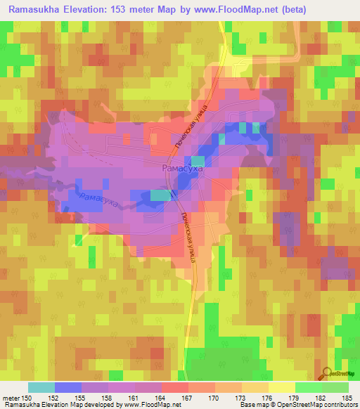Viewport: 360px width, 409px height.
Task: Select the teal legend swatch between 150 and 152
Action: (x=41, y=387)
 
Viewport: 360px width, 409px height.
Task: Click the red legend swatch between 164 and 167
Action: (x=175, y=387)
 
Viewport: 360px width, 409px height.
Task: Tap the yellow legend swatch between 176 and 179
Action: (x=282, y=387)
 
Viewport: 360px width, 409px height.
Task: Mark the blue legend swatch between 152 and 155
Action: (x=68, y=387)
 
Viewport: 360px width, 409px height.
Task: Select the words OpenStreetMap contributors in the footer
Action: (x=317, y=405)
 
